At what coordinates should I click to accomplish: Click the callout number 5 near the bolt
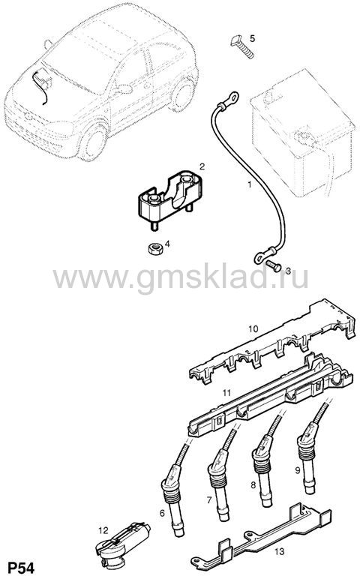pyautogui.click(x=252, y=38)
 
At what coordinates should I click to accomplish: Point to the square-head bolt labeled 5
pyautogui.click(x=242, y=46)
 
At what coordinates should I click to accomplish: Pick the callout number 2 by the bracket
pyautogui.click(x=202, y=166)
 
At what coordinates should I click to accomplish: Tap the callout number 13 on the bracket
pyautogui.click(x=280, y=551)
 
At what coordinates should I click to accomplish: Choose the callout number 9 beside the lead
pyautogui.click(x=298, y=469)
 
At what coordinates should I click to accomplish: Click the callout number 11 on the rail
pyautogui.click(x=226, y=393)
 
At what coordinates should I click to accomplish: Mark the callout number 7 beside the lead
pyautogui.click(x=209, y=500)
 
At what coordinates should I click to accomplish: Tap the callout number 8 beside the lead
pyautogui.click(x=253, y=485)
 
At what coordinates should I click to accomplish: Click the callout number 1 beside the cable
pyautogui.click(x=250, y=184)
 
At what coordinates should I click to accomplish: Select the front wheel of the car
pyautogui.click(x=91, y=142)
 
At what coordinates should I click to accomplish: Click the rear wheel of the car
pyautogui.click(x=181, y=94)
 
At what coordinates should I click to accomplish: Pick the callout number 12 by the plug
pyautogui.click(x=103, y=530)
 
